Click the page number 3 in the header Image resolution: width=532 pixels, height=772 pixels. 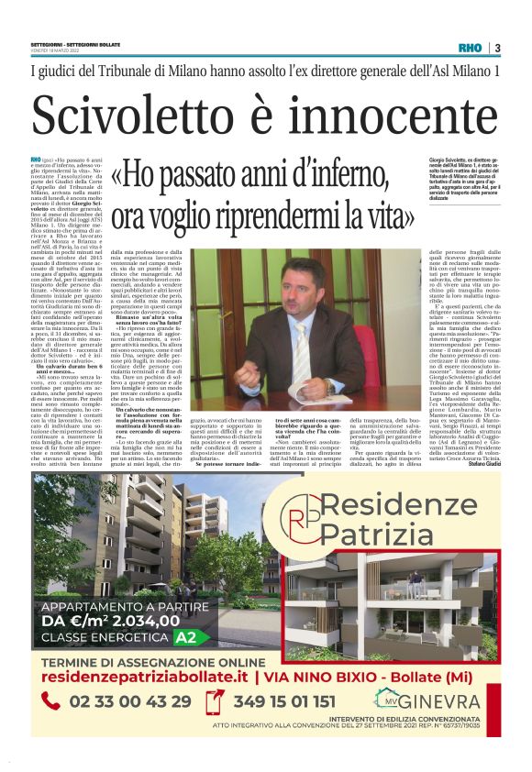tap(497, 48)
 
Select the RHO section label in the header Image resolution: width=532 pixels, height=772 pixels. tap(470, 48)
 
